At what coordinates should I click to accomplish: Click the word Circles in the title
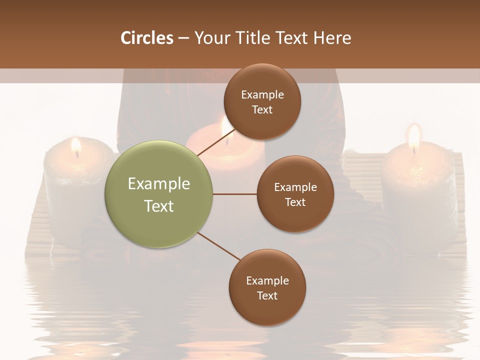[147, 38]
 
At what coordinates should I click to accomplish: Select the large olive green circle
[158, 194]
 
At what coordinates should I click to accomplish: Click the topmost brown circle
[262, 102]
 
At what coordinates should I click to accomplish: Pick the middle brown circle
[295, 194]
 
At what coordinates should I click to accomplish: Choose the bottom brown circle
[267, 287]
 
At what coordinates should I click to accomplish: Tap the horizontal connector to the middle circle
[234, 194]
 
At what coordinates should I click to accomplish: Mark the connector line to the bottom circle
[218, 246]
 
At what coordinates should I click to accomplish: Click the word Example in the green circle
[159, 184]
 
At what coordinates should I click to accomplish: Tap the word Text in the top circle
[262, 110]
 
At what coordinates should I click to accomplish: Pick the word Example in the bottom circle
[267, 281]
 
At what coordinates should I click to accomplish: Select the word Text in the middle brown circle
[295, 202]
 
